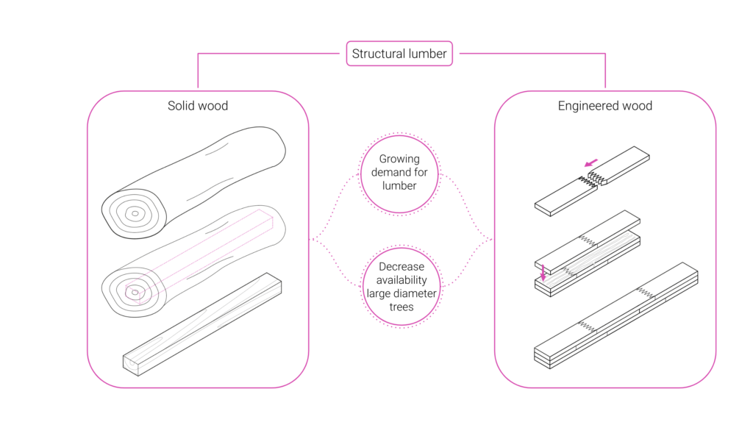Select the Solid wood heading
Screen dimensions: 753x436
[198, 106]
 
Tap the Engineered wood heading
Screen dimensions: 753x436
[605, 106]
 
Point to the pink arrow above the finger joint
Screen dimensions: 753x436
[591, 162]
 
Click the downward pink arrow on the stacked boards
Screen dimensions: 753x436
[543, 272]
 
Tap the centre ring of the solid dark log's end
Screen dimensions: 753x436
[135, 214]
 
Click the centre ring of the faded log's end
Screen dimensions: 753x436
[135, 292]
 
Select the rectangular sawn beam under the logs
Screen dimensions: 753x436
[202, 324]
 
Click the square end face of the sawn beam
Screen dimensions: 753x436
[131, 365]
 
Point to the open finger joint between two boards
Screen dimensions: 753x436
[592, 181]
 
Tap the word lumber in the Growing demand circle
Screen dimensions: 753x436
[399, 186]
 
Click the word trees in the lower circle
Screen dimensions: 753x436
[402, 307]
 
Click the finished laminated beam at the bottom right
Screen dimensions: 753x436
[616, 315]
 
